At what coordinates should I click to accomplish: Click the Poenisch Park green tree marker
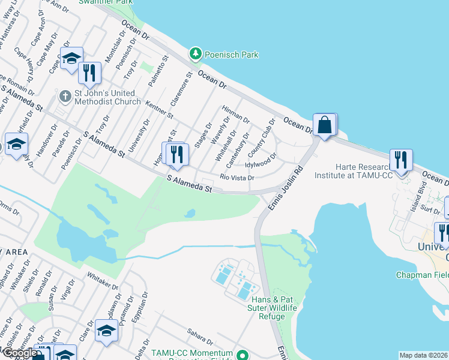click(195, 55)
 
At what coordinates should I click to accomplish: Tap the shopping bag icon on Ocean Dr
click(324, 125)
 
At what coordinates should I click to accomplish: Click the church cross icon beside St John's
click(65, 96)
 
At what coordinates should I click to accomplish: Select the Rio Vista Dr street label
click(238, 178)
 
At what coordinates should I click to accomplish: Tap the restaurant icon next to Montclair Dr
click(89, 73)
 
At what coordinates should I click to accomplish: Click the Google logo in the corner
click(20, 353)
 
